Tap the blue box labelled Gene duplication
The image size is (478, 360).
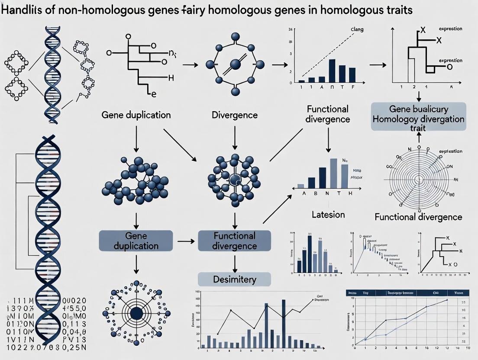[136, 241]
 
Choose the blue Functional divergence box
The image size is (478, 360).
[234, 241]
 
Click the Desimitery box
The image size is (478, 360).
[234, 280]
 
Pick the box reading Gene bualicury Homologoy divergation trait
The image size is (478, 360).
[418, 116]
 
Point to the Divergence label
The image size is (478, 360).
[235, 115]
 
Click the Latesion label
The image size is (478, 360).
[328, 215]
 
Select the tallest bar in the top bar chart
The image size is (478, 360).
[332, 71]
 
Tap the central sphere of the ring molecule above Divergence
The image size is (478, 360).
[236, 64]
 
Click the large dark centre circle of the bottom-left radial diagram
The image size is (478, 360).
[136, 313]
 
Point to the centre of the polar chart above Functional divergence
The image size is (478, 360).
[418, 179]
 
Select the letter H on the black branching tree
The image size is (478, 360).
[171, 78]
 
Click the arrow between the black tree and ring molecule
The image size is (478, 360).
[191, 65]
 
